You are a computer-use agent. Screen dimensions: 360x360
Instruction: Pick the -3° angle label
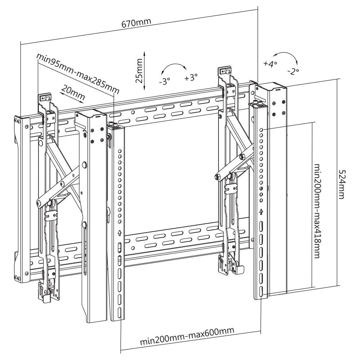tap(164, 81)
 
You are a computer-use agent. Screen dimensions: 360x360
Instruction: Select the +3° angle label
tap(191, 77)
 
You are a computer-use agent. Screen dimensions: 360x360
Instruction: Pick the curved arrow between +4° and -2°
tap(284, 57)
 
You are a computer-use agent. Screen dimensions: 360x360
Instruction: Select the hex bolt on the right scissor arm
tap(217, 177)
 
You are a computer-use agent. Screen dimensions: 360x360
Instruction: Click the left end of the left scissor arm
tap(39, 204)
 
